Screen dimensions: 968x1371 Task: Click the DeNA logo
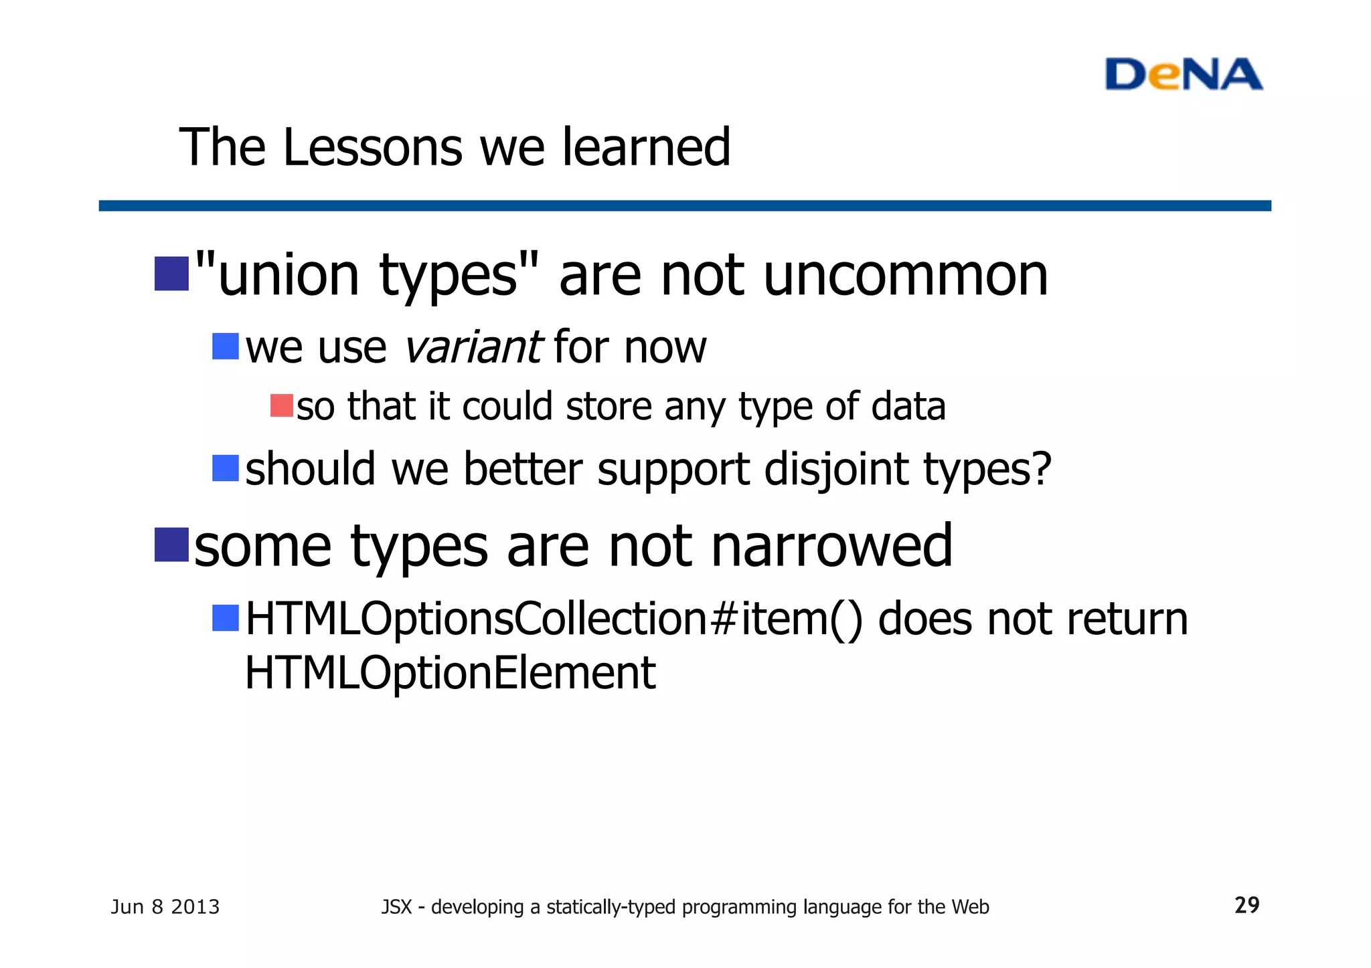1183,74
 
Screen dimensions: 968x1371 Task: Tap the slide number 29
1246,905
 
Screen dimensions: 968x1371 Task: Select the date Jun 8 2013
165,907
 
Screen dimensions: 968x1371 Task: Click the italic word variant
473,347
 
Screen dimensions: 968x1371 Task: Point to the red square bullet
281,406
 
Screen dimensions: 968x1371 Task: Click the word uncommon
905,276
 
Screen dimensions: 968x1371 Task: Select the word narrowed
831,547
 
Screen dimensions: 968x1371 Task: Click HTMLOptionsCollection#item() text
554,619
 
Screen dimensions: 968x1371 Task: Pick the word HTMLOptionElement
450,673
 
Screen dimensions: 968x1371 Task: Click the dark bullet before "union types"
171,274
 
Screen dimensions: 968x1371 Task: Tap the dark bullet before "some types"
171,545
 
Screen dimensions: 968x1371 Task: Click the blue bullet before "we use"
226,347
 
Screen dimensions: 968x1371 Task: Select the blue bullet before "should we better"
226,468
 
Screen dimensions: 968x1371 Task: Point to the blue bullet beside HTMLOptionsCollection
226,618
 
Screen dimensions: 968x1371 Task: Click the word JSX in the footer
396,907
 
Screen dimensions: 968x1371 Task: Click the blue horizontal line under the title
684,205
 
